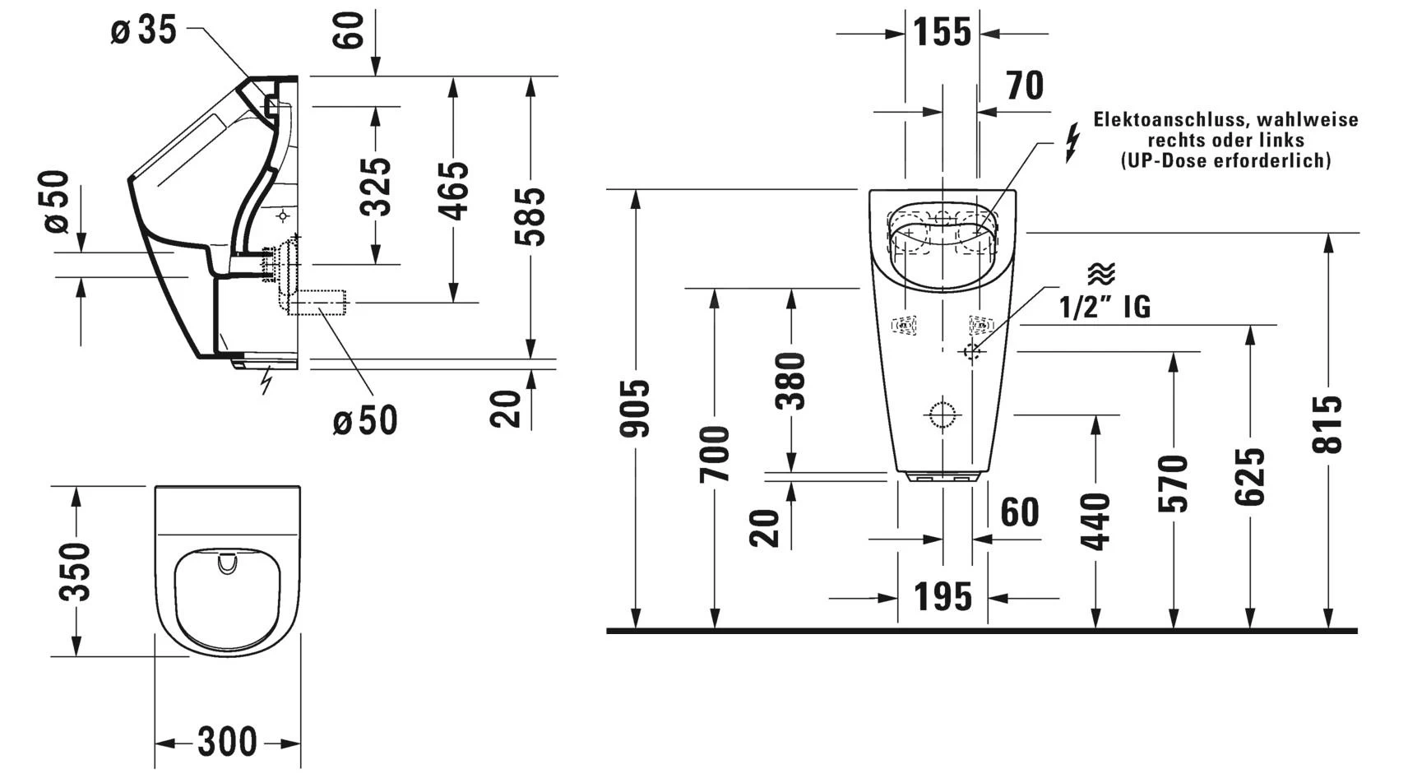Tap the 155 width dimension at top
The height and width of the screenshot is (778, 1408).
(942, 33)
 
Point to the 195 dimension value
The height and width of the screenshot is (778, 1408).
(943, 597)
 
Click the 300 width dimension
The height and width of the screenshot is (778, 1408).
(227, 743)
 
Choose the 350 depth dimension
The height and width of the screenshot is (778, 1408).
(76, 571)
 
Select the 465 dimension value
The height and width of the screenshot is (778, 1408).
(453, 191)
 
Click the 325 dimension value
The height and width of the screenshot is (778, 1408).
(376, 187)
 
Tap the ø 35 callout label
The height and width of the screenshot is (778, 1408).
(144, 31)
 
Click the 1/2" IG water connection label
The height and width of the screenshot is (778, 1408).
(1105, 307)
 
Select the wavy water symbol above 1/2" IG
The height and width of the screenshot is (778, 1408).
(1101, 274)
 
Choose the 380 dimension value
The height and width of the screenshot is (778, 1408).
(791, 381)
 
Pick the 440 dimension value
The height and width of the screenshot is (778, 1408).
(1096, 521)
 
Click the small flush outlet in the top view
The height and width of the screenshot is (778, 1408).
(227, 564)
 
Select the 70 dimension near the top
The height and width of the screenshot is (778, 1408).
(1025, 86)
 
